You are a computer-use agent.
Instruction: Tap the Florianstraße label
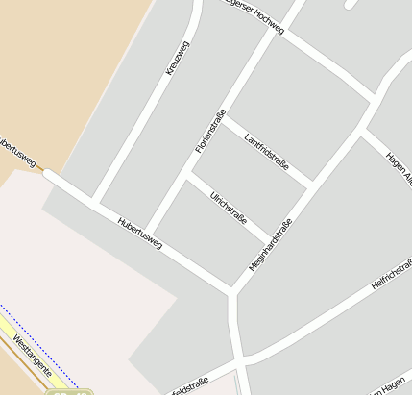point(209,131)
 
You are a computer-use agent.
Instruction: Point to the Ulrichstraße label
point(229,206)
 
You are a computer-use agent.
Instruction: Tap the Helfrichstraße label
point(391,275)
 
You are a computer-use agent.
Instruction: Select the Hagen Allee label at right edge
point(398,168)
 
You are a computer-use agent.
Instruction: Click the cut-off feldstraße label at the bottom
point(189,385)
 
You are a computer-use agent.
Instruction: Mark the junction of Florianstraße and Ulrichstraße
point(187,175)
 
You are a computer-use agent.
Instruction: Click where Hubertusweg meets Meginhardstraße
point(232,289)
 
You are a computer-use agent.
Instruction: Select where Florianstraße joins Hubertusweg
point(149,235)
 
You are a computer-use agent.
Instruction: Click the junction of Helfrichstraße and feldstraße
point(240,361)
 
